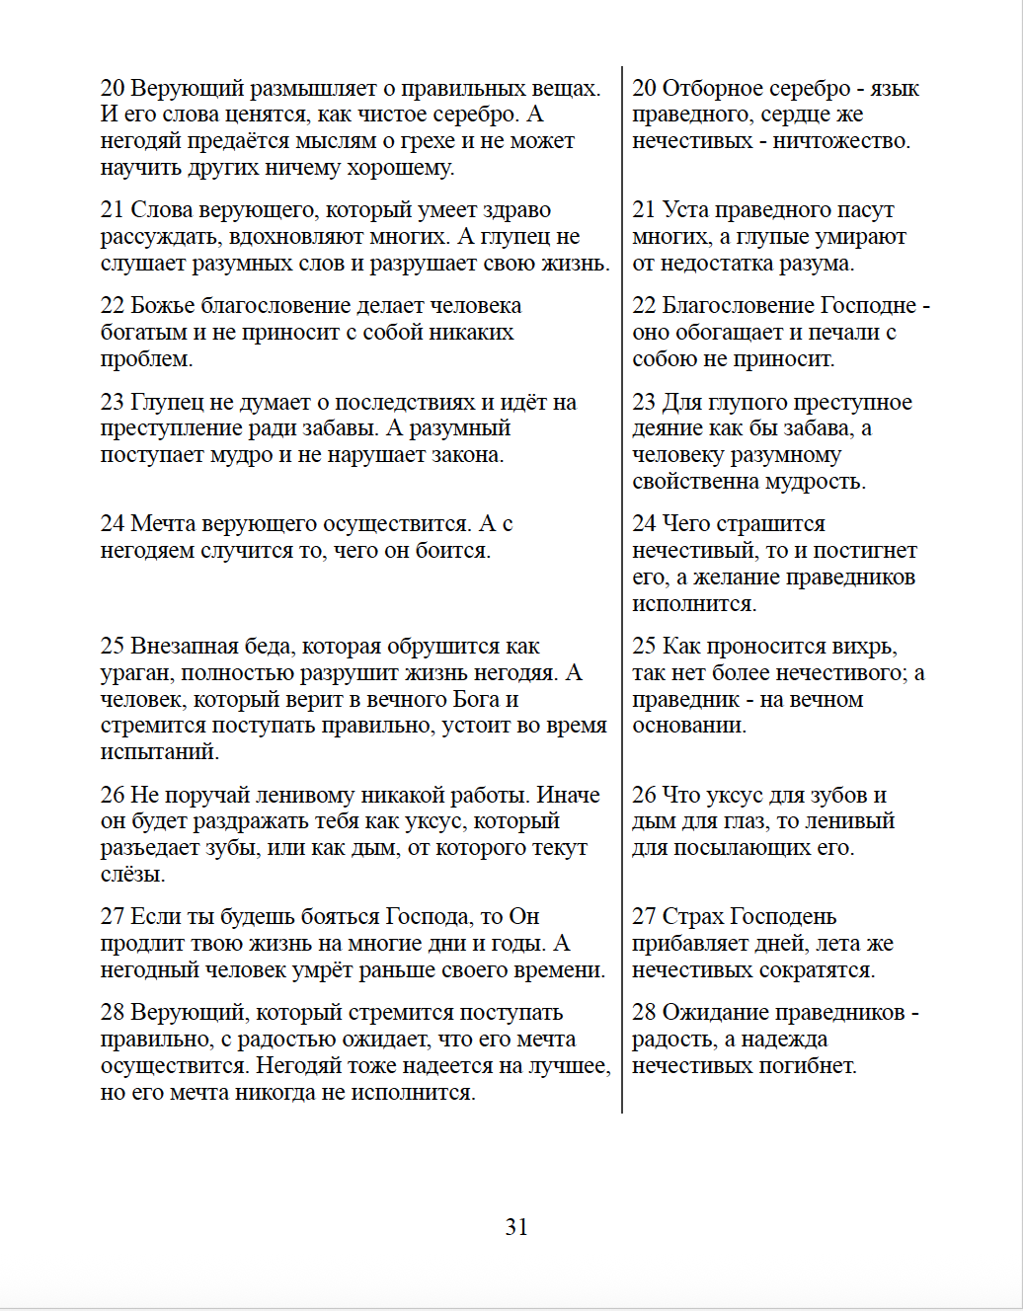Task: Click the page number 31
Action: click(516, 1227)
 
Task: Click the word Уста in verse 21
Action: click(685, 210)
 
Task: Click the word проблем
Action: click(145, 359)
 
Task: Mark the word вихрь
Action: click(864, 647)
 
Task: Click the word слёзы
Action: click(131, 875)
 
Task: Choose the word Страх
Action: click(690, 917)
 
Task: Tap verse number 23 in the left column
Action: click(112, 403)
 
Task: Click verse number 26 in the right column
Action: click(644, 796)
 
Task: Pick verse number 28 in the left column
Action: click(112, 1013)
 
